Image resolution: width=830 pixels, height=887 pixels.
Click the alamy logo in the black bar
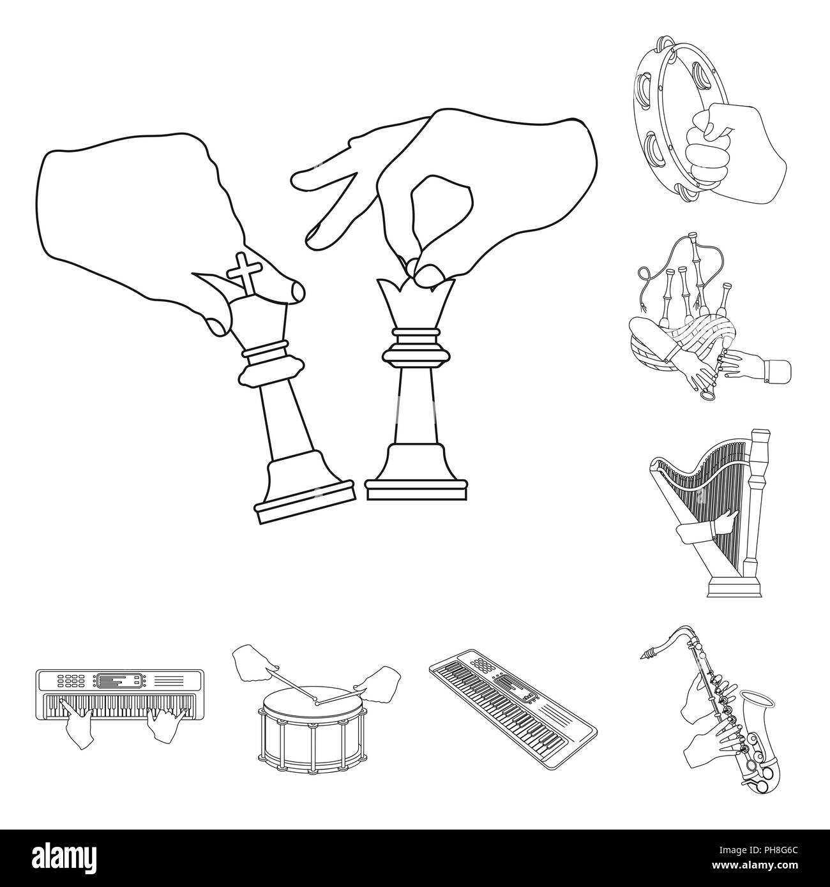[x=64, y=858]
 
